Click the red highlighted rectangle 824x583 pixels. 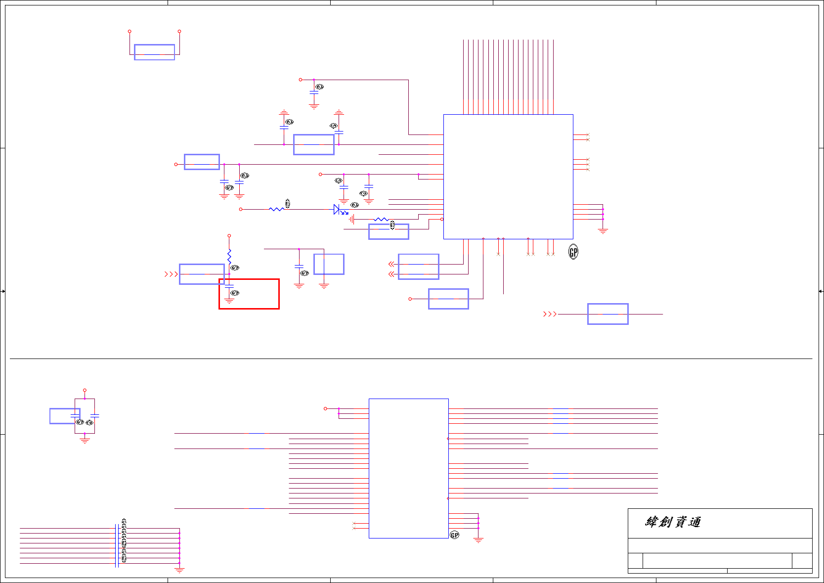click(x=249, y=294)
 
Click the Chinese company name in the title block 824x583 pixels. click(x=673, y=522)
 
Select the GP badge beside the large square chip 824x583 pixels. click(x=573, y=252)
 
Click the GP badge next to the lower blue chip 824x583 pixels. click(x=455, y=535)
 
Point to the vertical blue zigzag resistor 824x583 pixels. click(x=229, y=257)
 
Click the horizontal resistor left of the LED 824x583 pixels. click(x=276, y=209)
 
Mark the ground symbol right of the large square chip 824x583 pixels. click(x=603, y=230)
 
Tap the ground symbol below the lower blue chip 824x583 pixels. click(x=478, y=540)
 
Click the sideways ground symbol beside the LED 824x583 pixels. click(x=351, y=219)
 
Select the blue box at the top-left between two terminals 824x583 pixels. click(x=154, y=52)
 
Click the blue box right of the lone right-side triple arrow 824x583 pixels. click(x=607, y=314)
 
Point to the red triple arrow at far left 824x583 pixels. click(x=171, y=274)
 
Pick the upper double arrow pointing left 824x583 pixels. click(x=391, y=264)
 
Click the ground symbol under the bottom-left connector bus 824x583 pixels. click(x=179, y=570)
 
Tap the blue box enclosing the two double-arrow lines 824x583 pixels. click(x=419, y=267)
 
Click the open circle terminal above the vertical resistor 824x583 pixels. click(x=229, y=236)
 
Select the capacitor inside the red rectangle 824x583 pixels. click(x=229, y=286)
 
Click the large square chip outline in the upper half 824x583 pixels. click(x=508, y=177)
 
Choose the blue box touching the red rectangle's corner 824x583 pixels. click(x=202, y=274)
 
